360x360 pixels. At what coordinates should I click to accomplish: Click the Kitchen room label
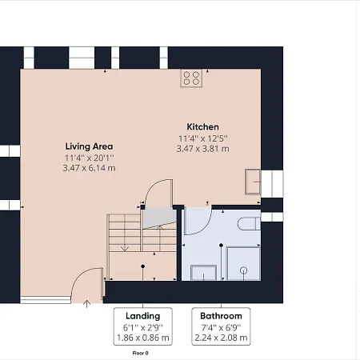pos(202,127)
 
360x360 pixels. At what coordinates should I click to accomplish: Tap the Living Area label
pos(89,146)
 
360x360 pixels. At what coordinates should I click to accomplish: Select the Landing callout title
pos(143,316)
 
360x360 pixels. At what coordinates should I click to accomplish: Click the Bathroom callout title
pos(221,316)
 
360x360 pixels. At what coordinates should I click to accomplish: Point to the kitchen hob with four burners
pos(191,78)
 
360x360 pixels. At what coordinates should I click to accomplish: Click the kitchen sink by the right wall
pos(253,182)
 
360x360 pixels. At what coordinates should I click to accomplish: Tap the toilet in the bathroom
pos(249,224)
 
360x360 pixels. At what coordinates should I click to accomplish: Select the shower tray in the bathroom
pos(243,264)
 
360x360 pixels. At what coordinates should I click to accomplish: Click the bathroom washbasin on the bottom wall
pos(203,273)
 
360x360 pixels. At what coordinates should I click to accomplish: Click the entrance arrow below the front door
pos(86,304)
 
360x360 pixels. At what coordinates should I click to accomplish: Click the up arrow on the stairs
pos(160,238)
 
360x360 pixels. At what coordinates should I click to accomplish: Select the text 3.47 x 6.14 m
pos(89,168)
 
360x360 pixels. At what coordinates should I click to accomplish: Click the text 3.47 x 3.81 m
pos(202,149)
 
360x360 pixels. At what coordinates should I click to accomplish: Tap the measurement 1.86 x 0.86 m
pos(143,338)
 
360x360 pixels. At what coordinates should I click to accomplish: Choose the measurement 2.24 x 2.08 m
pos(221,338)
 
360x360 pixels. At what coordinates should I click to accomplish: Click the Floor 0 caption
pos(141,353)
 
